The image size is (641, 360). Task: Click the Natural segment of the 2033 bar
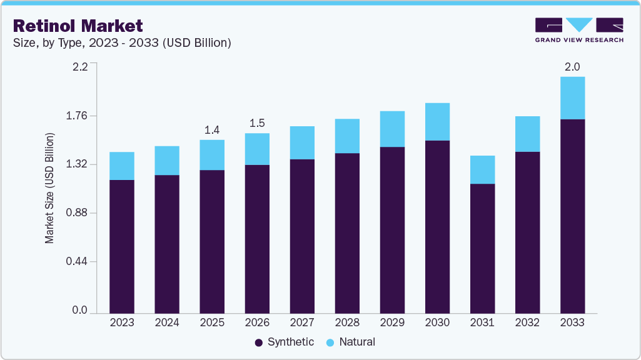click(x=572, y=98)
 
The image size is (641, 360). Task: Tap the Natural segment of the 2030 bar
click(x=437, y=122)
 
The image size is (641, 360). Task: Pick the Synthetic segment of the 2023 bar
click(x=122, y=246)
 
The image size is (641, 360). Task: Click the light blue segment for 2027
click(x=302, y=142)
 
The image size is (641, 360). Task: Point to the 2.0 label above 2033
click(x=572, y=67)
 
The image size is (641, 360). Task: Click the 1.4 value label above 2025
click(x=212, y=130)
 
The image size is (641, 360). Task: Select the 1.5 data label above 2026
click(x=257, y=123)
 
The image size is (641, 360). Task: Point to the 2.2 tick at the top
click(x=81, y=67)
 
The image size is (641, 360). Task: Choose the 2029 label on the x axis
click(x=392, y=322)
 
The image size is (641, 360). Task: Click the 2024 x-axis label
click(x=167, y=322)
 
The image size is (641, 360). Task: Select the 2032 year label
click(x=527, y=322)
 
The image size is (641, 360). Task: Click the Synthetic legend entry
click(x=285, y=342)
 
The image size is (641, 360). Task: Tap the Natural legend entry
click(x=351, y=342)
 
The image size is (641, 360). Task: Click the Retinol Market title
click(x=78, y=26)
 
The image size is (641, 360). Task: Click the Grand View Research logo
click(x=579, y=29)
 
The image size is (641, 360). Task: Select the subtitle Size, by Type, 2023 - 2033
click(x=123, y=42)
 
